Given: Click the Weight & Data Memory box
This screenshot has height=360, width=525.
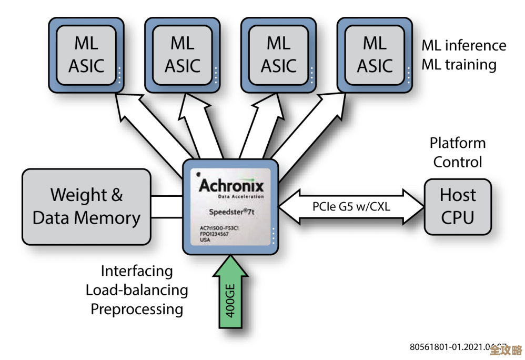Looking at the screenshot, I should [x=86, y=206].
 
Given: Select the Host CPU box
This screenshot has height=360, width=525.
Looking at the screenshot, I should [x=458, y=206].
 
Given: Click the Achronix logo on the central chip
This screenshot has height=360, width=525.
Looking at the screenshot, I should [x=231, y=186].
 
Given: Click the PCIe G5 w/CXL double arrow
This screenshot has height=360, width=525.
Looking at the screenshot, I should [x=351, y=206].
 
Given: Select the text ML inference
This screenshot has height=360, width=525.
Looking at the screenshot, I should [x=463, y=46].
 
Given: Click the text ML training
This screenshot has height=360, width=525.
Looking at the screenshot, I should [x=459, y=65].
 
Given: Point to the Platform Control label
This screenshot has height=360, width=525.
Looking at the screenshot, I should [x=457, y=152].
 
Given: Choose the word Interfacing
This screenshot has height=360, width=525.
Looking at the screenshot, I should [x=137, y=272].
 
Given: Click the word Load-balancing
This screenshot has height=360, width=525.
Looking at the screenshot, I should [x=137, y=290].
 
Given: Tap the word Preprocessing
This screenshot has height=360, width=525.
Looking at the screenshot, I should [x=137, y=309].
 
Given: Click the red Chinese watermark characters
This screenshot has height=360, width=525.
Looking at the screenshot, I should [x=504, y=351].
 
